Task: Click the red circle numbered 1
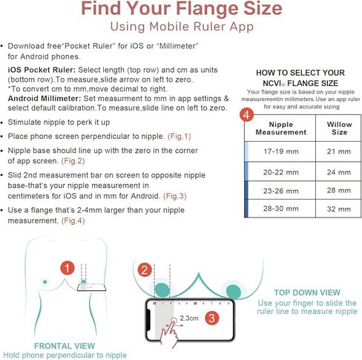coord(68,268)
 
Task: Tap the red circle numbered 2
coord(145,270)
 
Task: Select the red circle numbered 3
coord(211,318)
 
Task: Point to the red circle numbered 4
coord(246,115)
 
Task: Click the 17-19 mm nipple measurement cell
coord(281,151)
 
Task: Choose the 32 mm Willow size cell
coord(338,209)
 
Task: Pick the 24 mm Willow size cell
coord(338,172)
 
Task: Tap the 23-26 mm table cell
coord(281,191)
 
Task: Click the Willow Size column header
coord(339,128)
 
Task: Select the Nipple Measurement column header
coord(281,128)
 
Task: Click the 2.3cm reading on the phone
coord(189,318)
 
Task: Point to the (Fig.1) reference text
coord(180,137)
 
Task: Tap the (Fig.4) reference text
coord(73,220)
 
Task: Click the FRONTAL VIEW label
coord(65,346)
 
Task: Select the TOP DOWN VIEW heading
coord(307,292)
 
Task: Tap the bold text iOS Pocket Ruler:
coord(42,70)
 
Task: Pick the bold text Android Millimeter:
coord(45,99)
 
